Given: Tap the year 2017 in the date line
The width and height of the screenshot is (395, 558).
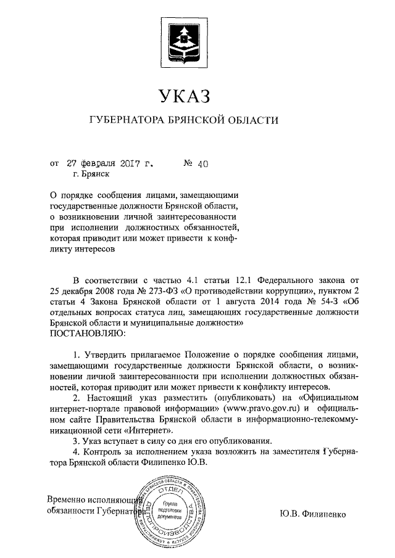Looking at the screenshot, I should [129, 164].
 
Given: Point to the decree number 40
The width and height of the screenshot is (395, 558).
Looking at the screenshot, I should [204, 164].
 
